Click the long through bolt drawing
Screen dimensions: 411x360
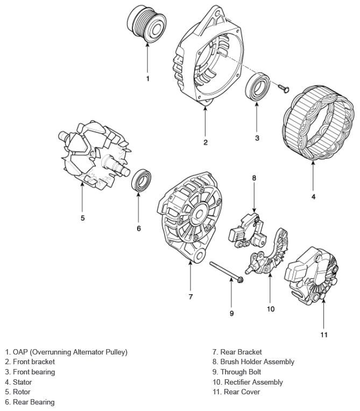[225, 271]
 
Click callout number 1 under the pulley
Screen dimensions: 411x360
[148, 78]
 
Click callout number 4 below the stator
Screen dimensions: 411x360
[313, 196]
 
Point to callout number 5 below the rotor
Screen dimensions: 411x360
[82, 218]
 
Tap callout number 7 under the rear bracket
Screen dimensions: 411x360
[190, 297]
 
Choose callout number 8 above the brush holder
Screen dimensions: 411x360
[254, 178]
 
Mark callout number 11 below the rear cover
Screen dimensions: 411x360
[324, 335]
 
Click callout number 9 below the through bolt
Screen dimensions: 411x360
[232, 313]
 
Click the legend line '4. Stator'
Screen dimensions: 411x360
[18, 382]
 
